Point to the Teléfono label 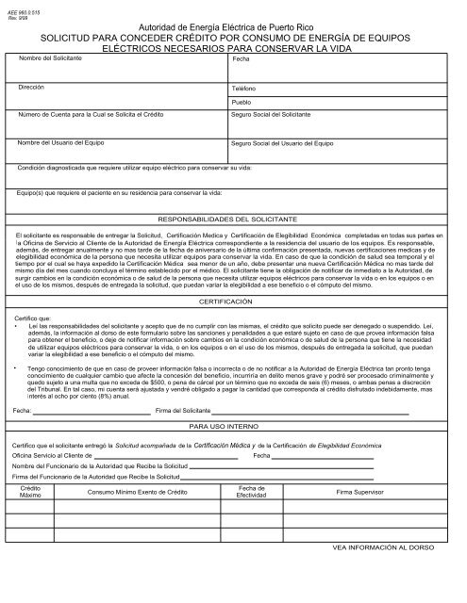pos(244,88)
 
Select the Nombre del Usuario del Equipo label pos(59,144)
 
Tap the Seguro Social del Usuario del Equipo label pos(283,144)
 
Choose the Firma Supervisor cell pos(361,493)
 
